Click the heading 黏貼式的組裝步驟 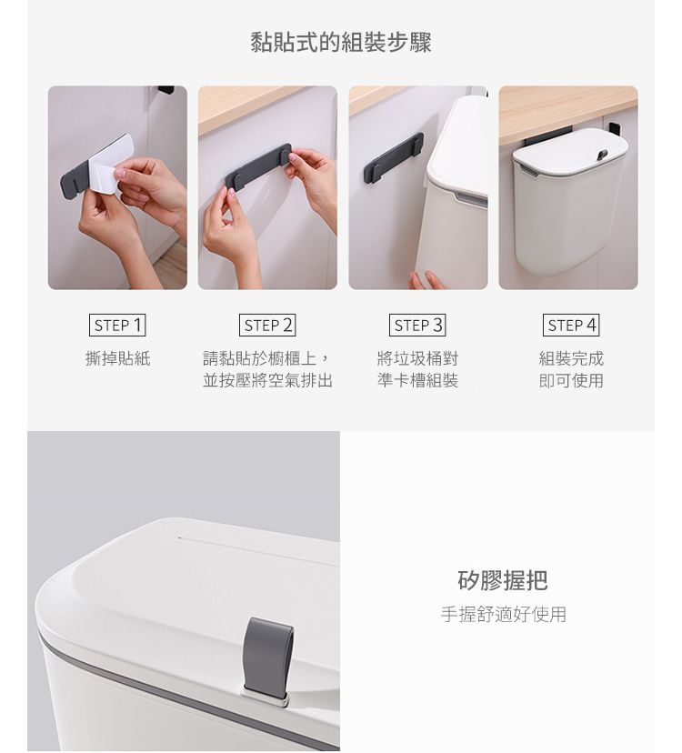tap(341, 42)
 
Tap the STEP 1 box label tap(117, 325)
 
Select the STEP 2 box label tap(267, 325)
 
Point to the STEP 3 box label tap(417, 325)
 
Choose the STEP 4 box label tap(571, 325)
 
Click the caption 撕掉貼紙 tap(117, 358)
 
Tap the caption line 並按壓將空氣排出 tap(267, 380)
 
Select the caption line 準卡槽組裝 tap(417, 380)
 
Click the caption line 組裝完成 tap(571, 358)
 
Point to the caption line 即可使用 tap(571, 380)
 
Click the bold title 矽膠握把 tap(502, 580)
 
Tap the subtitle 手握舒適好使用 tap(504, 614)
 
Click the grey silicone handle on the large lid tap(267, 655)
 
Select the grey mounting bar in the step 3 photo tap(394, 155)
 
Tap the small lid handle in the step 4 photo tap(601, 155)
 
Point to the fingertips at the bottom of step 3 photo tap(426, 280)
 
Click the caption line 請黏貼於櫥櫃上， tap(267, 358)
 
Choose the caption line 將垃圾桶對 tap(417, 358)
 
